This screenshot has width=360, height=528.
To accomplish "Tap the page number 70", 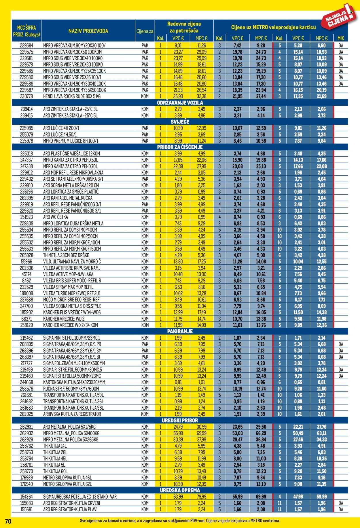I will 8,521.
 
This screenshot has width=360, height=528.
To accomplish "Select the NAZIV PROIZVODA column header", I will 88,31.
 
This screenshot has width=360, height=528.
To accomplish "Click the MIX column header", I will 340,38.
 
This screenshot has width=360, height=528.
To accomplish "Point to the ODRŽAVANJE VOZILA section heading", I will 180,103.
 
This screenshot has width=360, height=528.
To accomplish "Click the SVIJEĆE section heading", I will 180,122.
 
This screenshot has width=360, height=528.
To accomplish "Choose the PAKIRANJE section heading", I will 180,331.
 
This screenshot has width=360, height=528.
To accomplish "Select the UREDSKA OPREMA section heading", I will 180,490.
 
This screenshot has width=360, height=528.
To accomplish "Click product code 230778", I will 26,96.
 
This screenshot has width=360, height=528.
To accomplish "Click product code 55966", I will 26,261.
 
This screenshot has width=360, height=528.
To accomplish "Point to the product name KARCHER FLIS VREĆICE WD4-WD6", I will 72,312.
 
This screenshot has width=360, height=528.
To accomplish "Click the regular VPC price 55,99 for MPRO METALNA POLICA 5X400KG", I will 178,433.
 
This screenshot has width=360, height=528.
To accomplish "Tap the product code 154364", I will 26,497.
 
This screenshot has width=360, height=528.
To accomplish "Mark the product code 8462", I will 26,280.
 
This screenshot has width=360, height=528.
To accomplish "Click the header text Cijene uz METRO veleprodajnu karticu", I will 273,27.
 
